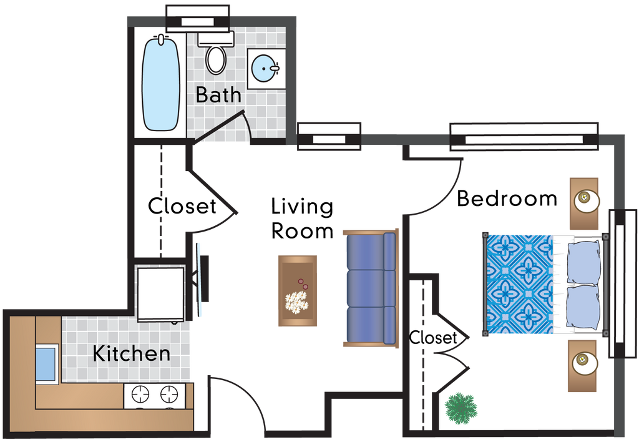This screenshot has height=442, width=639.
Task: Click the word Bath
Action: (218, 95)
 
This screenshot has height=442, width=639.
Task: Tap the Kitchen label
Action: (131, 353)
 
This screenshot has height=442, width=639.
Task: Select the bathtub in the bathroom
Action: (161, 84)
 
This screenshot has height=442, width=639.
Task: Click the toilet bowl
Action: (216, 59)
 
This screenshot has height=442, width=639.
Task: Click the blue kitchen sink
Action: (46, 363)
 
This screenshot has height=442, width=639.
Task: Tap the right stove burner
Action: (169, 395)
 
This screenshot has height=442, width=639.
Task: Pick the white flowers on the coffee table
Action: (296, 302)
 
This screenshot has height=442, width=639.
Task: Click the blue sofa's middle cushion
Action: (371, 288)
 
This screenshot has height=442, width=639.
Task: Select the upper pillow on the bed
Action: (583, 260)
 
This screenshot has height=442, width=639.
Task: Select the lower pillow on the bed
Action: (583, 307)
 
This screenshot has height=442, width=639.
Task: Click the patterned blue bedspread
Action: (519, 284)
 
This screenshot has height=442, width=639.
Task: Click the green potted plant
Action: (461, 408)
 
